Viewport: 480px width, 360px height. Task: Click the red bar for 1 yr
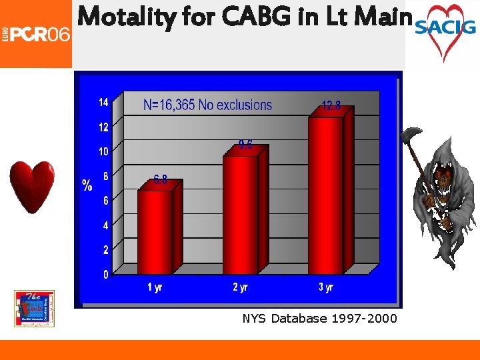tap(155, 231)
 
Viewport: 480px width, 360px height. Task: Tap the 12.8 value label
tap(331, 105)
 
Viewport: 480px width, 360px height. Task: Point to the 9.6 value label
tap(245, 145)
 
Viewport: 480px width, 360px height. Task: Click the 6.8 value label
tap(160, 179)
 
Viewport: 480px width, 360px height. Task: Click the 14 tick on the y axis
tap(103, 103)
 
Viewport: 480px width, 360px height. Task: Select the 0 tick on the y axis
tap(105, 275)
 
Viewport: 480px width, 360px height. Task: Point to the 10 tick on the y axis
tap(103, 152)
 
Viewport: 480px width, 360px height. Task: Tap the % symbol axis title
tap(87, 185)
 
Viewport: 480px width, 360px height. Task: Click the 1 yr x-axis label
tap(155, 288)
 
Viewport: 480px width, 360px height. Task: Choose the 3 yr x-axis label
tap(325, 288)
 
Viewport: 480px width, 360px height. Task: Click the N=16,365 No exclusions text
tap(207, 105)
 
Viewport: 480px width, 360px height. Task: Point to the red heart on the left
tap(31, 186)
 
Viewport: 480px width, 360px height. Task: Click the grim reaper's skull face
tap(442, 180)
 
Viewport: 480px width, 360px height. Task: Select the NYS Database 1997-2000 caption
tap(319, 319)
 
